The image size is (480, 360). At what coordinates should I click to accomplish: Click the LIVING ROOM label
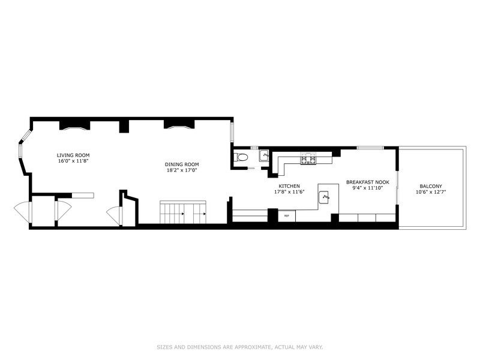pyautogui.click(x=73, y=155)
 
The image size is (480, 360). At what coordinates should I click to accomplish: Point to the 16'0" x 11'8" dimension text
pyautogui.click(x=73, y=161)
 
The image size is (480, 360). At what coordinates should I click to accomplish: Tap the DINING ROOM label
pyautogui.click(x=182, y=164)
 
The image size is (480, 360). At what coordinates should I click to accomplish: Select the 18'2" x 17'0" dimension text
pyautogui.click(x=182, y=170)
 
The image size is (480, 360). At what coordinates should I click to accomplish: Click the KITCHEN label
pyautogui.click(x=289, y=186)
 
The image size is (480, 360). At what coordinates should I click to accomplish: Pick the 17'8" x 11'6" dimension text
pyautogui.click(x=289, y=192)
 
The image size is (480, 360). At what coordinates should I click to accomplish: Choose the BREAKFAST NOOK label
pyautogui.click(x=368, y=182)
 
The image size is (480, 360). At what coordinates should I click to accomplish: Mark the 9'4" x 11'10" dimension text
pyautogui.click(x=368, y=188)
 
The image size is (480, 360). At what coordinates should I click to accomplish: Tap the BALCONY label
pyautogui.click(x=431, y=186)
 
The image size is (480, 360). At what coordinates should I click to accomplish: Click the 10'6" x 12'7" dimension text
pyautogui.click(x=431, y=192)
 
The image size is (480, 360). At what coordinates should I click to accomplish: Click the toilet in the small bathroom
pyautogui.click(x=240, y=157)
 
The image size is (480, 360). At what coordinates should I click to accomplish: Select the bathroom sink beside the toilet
pyautogui.click(x=264, y=155)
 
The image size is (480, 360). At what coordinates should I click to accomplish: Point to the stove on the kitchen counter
pyautogui.click(x=308, y=158)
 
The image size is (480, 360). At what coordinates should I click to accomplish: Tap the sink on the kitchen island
pyautogui.click(x=324, y=197)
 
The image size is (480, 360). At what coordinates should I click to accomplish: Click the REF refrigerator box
pyautogui.click(x=287, y=216)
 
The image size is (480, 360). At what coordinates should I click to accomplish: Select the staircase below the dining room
pyautogui.click(x=183, y=212)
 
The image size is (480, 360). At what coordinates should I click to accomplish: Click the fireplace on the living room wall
pyautogui.click(x=74, y=125)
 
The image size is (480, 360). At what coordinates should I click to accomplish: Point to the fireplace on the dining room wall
pyautogui.click(x=179, y=124)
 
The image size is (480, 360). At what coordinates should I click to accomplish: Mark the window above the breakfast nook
pyautogui.click(x=370, y=148)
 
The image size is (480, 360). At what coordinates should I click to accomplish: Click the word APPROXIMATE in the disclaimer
pyautogui.click(x=252, y=347)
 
